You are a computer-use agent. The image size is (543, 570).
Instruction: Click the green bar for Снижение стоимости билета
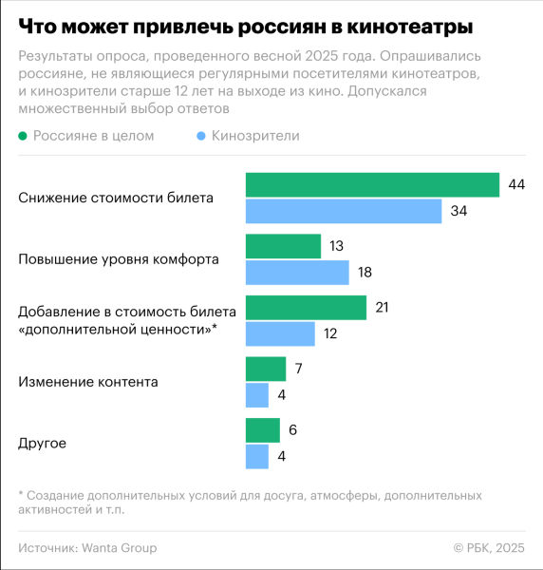coord(372,184)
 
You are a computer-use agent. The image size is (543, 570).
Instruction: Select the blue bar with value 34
coord(344,211)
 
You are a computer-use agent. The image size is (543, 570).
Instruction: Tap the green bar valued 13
coord(283,246)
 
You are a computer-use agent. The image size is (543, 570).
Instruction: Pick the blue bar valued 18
coord(297,273)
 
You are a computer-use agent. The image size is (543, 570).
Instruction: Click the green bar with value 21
coord(306,307)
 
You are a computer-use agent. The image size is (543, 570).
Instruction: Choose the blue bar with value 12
coord(280,333)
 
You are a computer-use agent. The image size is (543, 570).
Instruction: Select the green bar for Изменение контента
coord(266,369)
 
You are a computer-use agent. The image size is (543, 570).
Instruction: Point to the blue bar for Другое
coord(257,457)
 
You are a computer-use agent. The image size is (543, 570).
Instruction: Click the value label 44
coord(516,184)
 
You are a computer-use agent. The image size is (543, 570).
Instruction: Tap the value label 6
coord(293,430)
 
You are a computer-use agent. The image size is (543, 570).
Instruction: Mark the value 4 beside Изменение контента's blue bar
coord(282,395)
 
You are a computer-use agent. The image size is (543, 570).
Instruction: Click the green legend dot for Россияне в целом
coord(24,136)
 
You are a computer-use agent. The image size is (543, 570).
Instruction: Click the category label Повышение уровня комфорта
coord(119,259)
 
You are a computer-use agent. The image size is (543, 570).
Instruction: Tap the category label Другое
coord(43,444)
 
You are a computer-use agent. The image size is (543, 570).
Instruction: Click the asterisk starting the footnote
coord(20,496)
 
